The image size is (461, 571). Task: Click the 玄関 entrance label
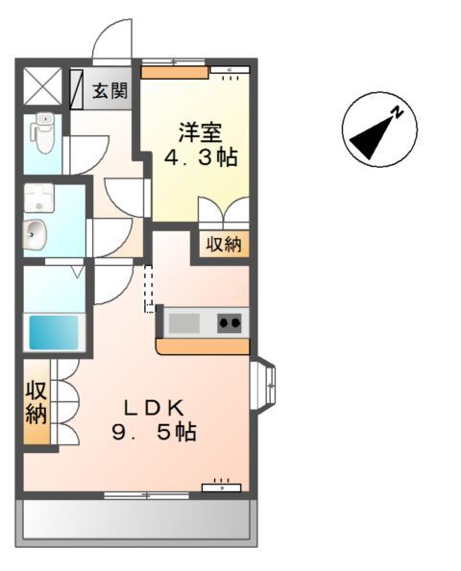pos(110,92)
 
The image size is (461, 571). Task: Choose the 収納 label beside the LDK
pos(36,402)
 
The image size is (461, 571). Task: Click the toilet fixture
pos(42,134)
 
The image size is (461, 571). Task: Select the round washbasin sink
pos(35,233)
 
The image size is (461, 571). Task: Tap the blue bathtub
pos(55,332)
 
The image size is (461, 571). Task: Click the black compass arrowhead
pos(370,140)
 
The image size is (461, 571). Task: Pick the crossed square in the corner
pos(41,85)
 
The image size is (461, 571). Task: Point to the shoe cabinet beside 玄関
pos(76,85)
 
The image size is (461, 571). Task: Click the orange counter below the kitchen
pos(203,345)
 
